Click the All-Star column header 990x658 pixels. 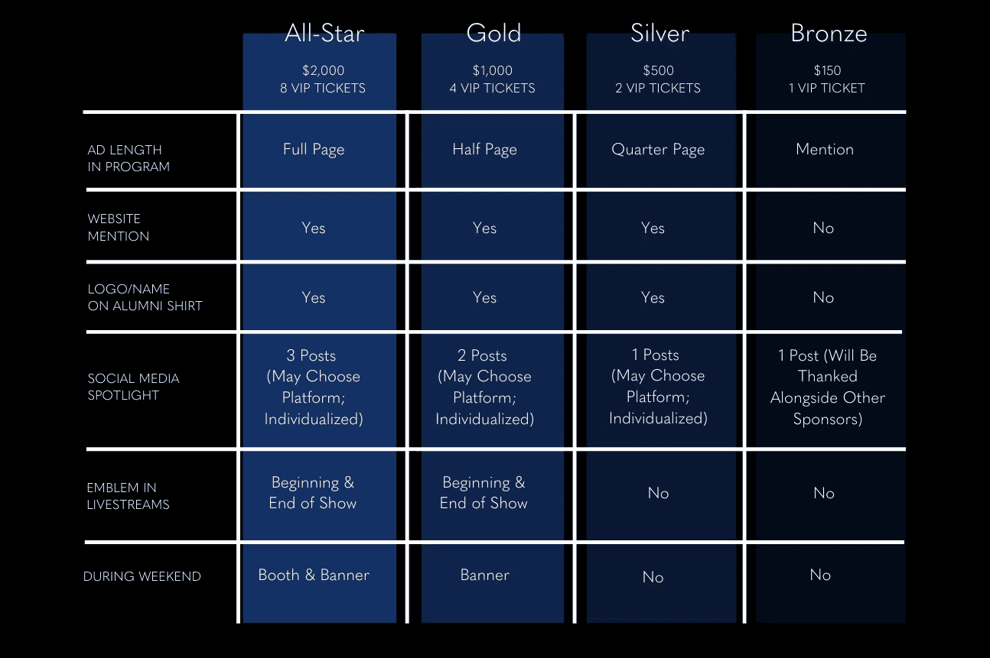[324, 34]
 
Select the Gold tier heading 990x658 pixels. [493, 34]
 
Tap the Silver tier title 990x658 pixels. [659, 34]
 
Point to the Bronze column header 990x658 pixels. [829, 34]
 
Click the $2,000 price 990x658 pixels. [323, 71]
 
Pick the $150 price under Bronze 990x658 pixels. [827, 71]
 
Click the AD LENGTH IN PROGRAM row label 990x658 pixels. [129, 158]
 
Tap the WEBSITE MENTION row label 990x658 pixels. [118, 228]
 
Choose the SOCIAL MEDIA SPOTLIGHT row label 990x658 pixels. [133, 387]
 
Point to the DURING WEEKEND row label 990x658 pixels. [142, 577]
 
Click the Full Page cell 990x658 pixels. [314, 150]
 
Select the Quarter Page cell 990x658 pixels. [658, 150]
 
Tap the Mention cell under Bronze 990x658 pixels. [825, 150]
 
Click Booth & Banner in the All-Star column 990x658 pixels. [314, 575]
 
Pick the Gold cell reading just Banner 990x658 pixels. [484, 575]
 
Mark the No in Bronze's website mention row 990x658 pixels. [823, 229]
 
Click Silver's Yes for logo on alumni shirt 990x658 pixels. [653, 298]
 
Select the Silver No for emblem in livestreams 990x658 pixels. [658, 494]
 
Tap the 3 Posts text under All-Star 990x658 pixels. [311, 356]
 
